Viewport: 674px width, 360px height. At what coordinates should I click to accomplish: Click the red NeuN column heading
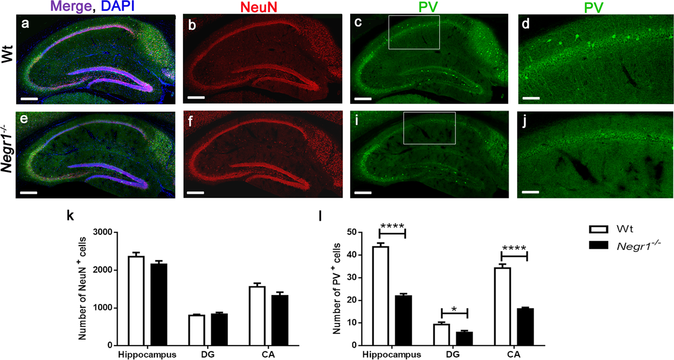[259, 7]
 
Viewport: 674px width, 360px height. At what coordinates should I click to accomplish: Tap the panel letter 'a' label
[25, 24]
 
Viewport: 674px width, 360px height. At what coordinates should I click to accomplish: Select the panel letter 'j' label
[525, 123]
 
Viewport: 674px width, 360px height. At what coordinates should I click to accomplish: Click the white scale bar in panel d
[531, 98]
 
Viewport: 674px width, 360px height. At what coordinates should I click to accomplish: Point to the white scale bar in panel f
[195, 192]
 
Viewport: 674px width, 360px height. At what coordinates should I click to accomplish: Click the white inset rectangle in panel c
[414, 32]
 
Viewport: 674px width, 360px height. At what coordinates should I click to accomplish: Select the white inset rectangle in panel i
[429, 128]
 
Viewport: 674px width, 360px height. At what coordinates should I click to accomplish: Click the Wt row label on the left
[7, 54]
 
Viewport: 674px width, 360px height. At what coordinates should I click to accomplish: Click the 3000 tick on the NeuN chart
[103, 232]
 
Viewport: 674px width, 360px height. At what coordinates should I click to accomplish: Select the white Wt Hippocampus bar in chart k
[136, 301]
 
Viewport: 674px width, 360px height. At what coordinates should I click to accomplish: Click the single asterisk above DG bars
[454, 309]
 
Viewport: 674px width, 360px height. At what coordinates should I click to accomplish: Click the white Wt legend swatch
[598, 229]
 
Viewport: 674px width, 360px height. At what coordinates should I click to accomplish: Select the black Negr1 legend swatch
[598, 245]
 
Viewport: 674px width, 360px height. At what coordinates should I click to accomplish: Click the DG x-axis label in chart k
[208, 354]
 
